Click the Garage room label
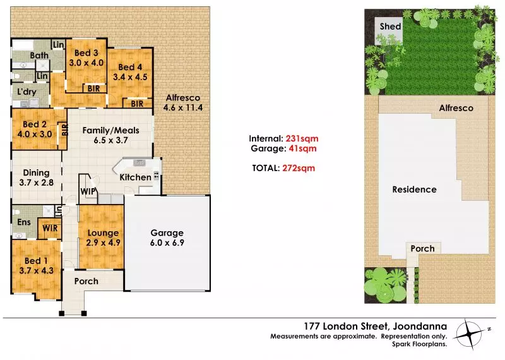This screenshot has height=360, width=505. click(167, 232)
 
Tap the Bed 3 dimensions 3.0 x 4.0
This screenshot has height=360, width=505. click(86, 63)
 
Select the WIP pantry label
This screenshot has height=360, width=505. click(88, 191)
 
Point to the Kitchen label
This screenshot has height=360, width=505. click(135, 177)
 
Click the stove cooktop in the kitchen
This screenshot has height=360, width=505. click(156, 176)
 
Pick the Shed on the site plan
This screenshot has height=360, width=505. click(389, 30)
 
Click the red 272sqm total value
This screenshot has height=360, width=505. click(299, 168)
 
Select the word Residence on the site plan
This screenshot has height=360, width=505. click(414, 189)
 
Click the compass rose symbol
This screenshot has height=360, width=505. click(470, 334)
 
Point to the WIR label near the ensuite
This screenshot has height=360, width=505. click(50, 228)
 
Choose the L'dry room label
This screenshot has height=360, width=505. click(27, 92)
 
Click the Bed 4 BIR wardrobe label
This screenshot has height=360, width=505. click(137, 104)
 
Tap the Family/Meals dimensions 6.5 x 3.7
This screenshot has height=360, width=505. click(111, 140)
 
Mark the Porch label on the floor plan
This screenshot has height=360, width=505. click(86, 281)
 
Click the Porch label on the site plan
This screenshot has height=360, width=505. click(422, 248)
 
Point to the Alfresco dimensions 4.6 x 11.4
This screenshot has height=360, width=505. click(183, 107)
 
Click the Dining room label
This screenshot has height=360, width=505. click(36, 173)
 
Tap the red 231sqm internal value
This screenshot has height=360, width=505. click(302, 138)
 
